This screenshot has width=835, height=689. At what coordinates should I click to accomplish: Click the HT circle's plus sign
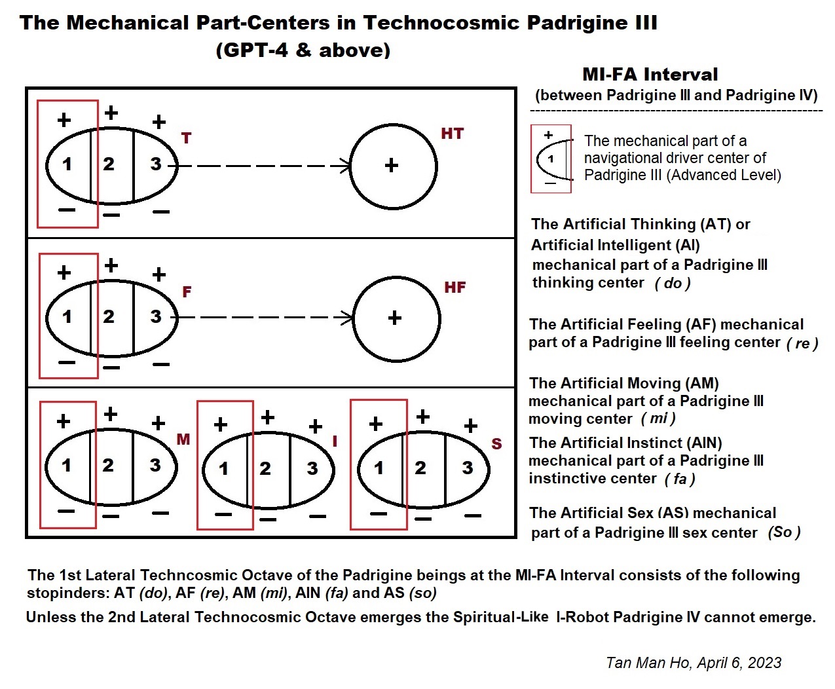click(392, 165)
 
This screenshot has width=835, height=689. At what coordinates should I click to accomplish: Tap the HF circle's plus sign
click(394, 318)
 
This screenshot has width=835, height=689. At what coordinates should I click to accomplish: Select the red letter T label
click(187, 138)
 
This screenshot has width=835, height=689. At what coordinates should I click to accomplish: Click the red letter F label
click(187, 292)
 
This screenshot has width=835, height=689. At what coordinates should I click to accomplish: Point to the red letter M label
click(183, 439)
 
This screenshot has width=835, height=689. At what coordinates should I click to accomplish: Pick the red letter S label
click(496, 444)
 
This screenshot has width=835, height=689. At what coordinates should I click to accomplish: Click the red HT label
click(452, 134)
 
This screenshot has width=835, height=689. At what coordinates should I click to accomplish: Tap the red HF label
click(455, 288)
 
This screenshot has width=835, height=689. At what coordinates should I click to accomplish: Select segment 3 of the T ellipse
click(155, 164)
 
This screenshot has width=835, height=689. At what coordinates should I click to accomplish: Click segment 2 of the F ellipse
click(109, 317)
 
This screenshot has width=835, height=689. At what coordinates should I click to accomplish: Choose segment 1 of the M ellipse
click(66, 466)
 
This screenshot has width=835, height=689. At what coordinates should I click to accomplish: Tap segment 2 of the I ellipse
click(265, 468)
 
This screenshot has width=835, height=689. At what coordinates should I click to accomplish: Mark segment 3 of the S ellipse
click(467, 468)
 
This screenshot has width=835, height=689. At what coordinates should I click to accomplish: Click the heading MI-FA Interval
click(650, 75)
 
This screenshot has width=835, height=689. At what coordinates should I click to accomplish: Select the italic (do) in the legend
click(673, 284)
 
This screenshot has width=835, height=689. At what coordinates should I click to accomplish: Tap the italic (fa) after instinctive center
click(680, 479)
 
